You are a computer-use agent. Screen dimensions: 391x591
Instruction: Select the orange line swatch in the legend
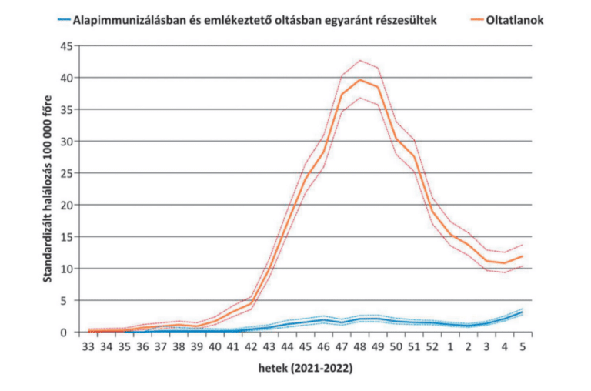(471, 21)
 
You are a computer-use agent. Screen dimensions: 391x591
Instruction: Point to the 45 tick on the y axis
(67, 46)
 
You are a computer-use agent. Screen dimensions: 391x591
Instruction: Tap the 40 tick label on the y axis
(67, 78)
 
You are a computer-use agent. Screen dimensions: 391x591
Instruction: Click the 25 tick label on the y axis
(67, 173)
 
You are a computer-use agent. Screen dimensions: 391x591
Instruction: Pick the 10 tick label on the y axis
(67, 269)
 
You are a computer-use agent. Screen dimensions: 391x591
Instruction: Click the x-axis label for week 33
(88, 347)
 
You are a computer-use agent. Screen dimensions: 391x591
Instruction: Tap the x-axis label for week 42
(251, 347)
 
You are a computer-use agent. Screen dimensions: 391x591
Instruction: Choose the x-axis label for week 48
(359, 347)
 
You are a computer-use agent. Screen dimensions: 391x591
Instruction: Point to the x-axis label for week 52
(432, 347)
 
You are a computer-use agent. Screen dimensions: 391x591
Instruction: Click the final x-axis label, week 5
(523, 347)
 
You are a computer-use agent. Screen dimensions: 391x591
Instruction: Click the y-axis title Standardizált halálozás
(48, 189)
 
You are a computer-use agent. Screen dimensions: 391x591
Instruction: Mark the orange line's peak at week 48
(359, 80)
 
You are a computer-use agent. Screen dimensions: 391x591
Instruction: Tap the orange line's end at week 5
(523, 256)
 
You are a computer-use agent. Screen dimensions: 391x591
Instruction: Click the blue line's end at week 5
(523, 312)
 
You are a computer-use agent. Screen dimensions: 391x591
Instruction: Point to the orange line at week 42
(251, 302)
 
